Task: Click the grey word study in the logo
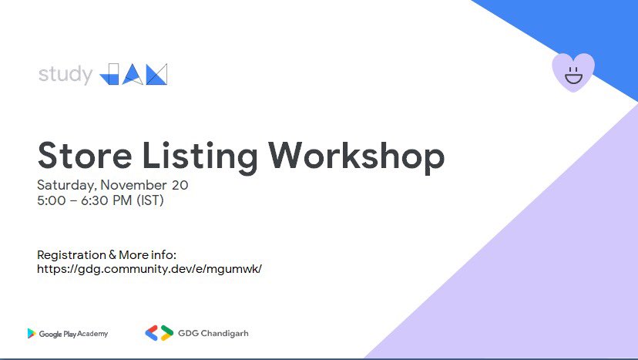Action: tap(65, 76)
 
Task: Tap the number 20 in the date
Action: tap(180, 185)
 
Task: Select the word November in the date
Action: tap(133, 185)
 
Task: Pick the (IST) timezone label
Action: tap(149, 201)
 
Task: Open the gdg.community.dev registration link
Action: tap(149, 269)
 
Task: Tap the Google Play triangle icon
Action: tap(32, 333)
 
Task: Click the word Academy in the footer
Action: tap(92, 334)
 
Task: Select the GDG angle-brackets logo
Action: tap(159, 333)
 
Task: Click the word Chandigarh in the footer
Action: tap(223, 333)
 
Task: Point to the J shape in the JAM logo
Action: tap(110, 74)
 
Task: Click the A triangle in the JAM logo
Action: tap(133, 74)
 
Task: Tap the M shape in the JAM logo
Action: tap(156, 74)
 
